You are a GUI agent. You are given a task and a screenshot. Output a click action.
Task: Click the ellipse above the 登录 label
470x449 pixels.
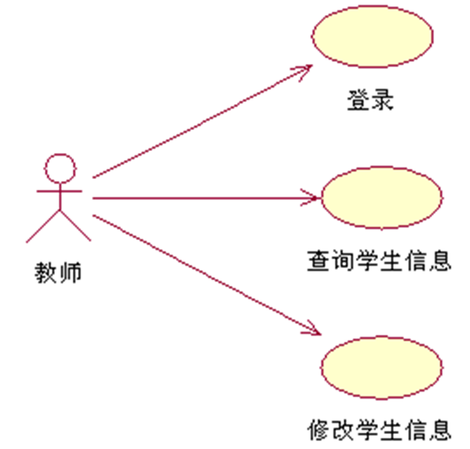tap(371, 37)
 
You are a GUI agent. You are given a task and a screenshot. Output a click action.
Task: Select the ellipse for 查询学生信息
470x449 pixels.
tap(382, 197)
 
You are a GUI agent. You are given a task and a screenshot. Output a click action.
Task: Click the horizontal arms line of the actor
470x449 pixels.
tap(59, 192)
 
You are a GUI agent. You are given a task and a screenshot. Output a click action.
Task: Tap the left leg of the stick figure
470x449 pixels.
tap(44, 225)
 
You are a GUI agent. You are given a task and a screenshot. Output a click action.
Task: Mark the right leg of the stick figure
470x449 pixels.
tap(75, 225)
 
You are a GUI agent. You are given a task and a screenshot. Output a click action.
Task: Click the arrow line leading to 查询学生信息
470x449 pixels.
tap(204, 199)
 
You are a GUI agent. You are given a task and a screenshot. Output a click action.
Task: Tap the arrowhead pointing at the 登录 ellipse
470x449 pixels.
tap(306, 69)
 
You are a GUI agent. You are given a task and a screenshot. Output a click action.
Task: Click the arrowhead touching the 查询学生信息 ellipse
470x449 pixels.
tap(314, 199)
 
